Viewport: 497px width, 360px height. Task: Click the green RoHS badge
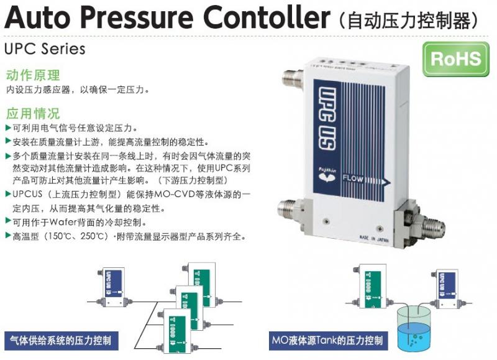(456, 59)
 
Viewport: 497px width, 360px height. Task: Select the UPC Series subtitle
(45, 48)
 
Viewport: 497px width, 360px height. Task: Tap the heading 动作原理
(33, 76)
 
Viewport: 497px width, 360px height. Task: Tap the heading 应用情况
(33, 114)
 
